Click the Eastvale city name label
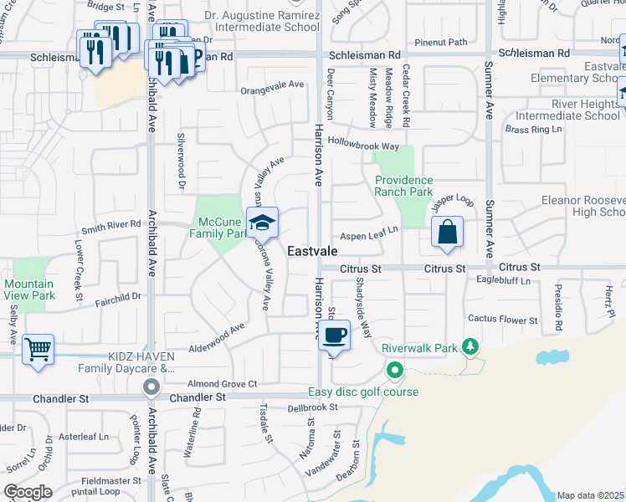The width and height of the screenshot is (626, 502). coord(313,251)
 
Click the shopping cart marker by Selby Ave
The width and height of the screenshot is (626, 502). coord(38,350)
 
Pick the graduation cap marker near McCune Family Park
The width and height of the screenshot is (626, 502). coord(263,224)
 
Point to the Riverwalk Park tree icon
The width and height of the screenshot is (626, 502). coord(471,346)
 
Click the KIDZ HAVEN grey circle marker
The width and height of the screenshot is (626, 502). coord(151,387)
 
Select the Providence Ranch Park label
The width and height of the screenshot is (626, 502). coord(404,186)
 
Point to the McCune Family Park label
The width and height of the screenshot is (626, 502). coord(223,228)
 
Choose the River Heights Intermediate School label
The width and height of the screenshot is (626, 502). coord(567,109)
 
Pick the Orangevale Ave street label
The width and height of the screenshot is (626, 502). coord(272,85)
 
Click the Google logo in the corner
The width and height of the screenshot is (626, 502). coord(27,492)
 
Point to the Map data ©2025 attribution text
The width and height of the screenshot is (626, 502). coord(590,495)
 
